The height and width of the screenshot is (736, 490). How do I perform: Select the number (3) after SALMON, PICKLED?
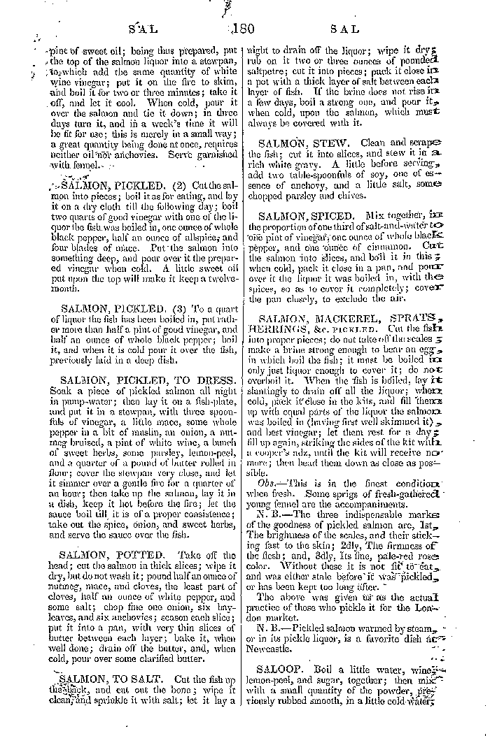(168, 308)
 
